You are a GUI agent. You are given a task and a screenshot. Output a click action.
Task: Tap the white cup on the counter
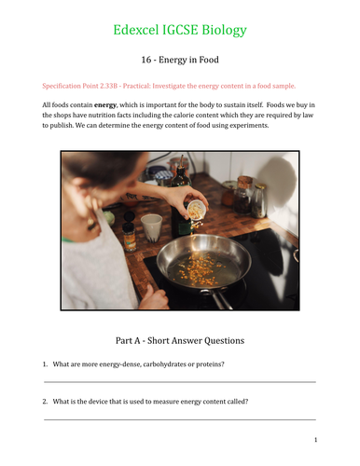(152, 225)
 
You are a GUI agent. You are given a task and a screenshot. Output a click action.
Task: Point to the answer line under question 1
(180, 381)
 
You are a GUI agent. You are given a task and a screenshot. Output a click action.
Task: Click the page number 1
(316, 440)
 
